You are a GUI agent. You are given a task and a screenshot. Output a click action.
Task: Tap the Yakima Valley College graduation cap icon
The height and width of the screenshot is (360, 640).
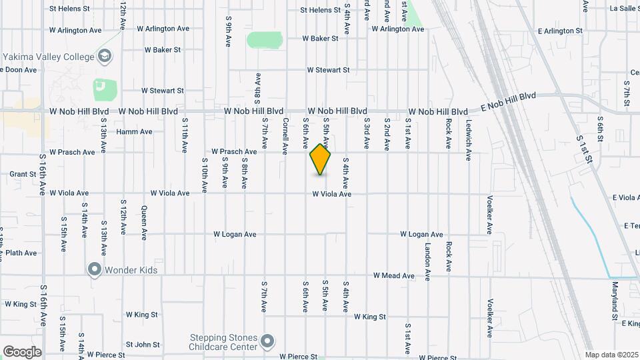coord(104,57)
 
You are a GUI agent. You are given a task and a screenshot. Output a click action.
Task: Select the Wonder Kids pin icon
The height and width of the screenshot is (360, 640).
coord(94,269)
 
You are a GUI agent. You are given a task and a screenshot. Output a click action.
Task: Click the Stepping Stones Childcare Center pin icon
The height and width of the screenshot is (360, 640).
coord(267,342)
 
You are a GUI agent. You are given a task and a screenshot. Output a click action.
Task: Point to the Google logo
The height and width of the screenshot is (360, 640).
coord(22,352)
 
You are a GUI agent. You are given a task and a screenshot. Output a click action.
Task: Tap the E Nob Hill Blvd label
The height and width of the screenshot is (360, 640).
coord(508,103)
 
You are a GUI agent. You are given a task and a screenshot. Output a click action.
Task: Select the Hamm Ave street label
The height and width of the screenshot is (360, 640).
coord(134,132)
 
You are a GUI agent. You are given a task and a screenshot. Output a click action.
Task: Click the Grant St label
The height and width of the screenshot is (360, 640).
coord(23,174)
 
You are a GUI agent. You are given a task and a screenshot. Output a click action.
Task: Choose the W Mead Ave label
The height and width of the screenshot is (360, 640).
coord(393,275)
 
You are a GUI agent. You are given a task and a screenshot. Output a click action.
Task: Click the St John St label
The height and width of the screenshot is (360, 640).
coord(143,345)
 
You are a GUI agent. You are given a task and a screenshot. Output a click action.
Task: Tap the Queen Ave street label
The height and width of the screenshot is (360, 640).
coord(144,223)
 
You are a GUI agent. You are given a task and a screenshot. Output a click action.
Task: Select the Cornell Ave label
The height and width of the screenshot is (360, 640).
coord(285,133)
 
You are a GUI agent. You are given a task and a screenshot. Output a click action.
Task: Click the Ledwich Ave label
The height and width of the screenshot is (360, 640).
coord(469,139)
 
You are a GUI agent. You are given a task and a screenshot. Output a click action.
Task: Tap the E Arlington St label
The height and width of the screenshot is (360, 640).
coord(560,31)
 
